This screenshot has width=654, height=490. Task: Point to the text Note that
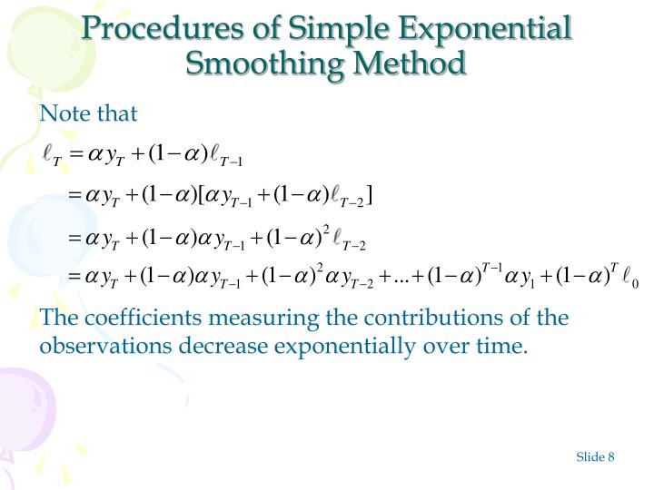tap(88, 113)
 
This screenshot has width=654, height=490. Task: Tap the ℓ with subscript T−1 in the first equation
tap(222, 155)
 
